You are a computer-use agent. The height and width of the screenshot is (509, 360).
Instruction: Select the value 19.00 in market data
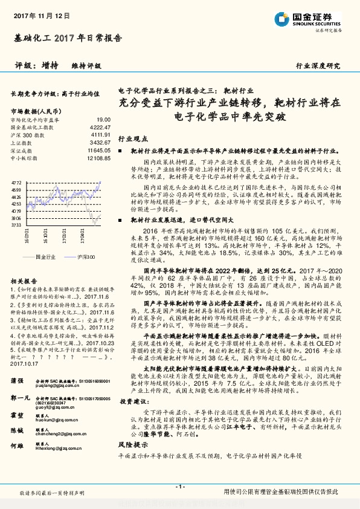point(103,121)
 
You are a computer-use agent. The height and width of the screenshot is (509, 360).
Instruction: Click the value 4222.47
point(100,128)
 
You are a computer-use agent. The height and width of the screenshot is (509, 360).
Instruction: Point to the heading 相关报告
point(24,280)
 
